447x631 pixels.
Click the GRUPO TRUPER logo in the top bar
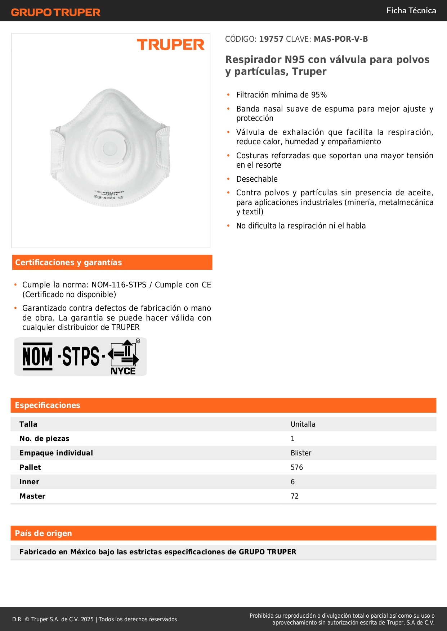(x=56, y=12)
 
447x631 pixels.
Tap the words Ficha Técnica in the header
(x=411, y=11)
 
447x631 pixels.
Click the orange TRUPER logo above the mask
(x=170, y=45)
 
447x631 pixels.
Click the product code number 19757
(x=271, y=39)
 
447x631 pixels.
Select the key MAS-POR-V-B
(x=341, y=39)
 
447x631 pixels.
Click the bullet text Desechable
(x=257, y=179)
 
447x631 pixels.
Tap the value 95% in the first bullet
(x=319, y=95)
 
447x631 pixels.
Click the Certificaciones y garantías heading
(x=68, y=263)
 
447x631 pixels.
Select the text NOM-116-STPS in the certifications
(x=119, y=285)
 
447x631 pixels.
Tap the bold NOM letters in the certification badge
(x=37, y=357)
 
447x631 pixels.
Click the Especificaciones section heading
(x=48, y=405)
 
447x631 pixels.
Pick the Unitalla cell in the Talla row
(x=303, y=425)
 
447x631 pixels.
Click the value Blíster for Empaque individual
(x=301, y=453)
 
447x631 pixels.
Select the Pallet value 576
(x=297, y=468)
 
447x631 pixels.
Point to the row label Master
(x=32, y=496)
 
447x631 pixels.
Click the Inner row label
(x=29, y=482)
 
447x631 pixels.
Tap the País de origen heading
(x=43, y=534)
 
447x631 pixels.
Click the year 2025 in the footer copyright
(x=87, y=619)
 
